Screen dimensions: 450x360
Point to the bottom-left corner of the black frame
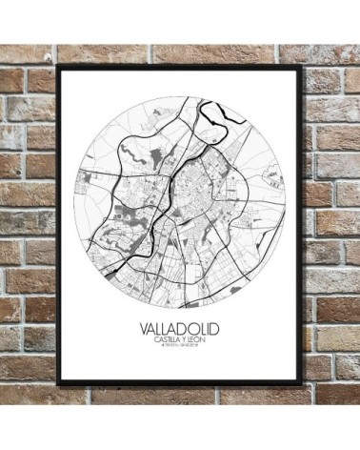tap(59, 383)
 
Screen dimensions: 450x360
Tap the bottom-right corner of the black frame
tap(302, 383)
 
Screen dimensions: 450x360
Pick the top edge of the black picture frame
tap(181, 68)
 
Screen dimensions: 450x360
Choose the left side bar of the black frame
tap(59, 225)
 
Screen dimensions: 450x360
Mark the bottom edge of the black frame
tap(181, 383)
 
